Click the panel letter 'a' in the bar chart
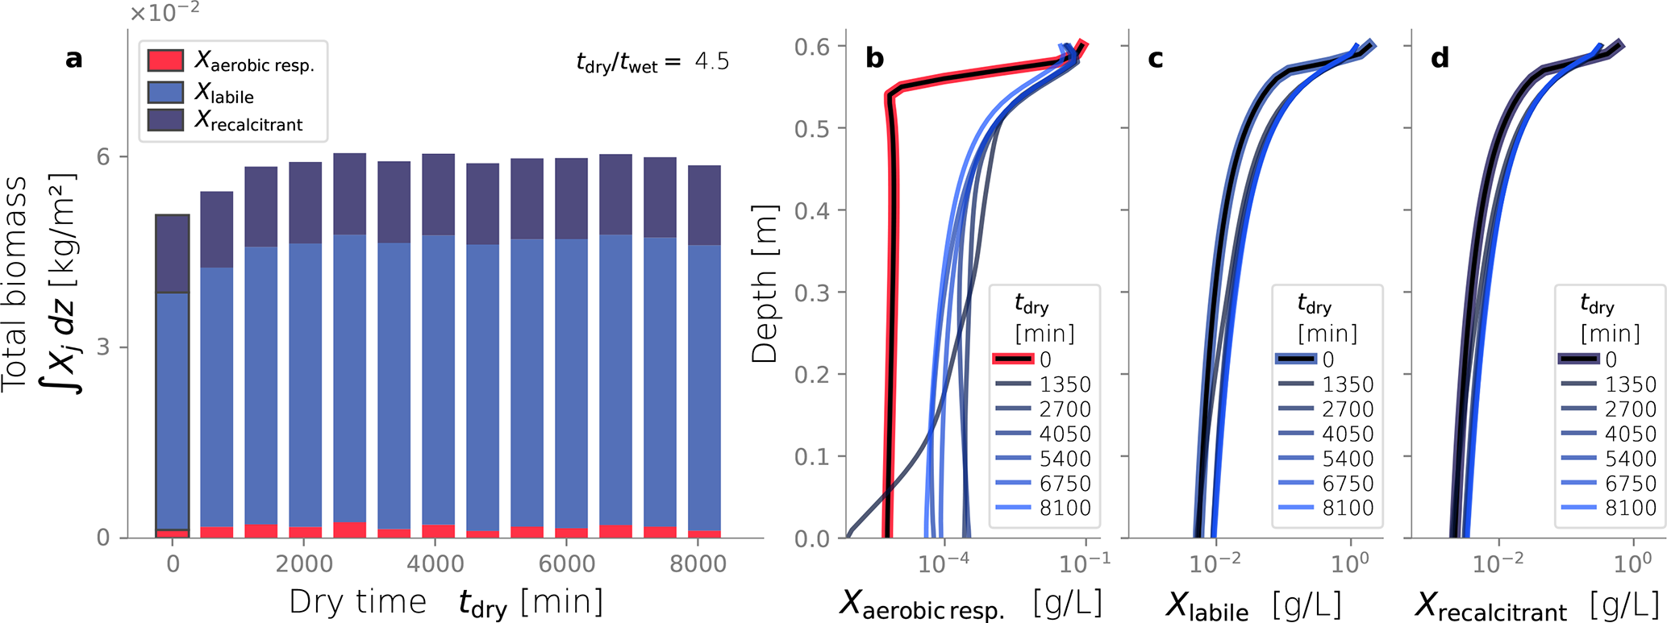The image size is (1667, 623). pos(73,59)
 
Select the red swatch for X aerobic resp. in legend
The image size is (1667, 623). pos(165,60)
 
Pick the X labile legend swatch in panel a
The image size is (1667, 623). pos(165,91)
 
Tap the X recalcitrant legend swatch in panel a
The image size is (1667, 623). pos(165,120)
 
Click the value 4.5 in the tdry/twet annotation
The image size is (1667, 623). pos(711,61)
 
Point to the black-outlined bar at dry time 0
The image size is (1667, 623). pos(173,376)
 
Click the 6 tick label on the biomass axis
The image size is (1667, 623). pos(103,156)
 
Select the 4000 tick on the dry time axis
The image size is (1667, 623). pos(435,563)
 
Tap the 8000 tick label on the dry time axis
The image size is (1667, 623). pos(698,563)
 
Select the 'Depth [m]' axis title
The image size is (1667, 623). pos(764,284)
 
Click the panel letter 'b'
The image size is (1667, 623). pos(874,58)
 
